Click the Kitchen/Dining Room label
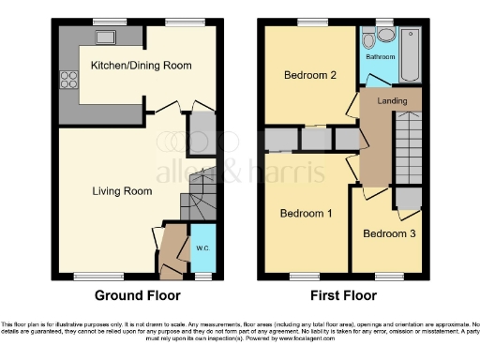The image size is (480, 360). coord(141,66)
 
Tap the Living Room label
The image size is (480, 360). coord(122,191)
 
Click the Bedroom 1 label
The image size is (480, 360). coord(307,214)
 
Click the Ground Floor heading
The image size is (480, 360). coord(136,295)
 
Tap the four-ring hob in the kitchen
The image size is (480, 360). coord(67,81)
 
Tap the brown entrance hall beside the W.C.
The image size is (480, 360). coord(173,251)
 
